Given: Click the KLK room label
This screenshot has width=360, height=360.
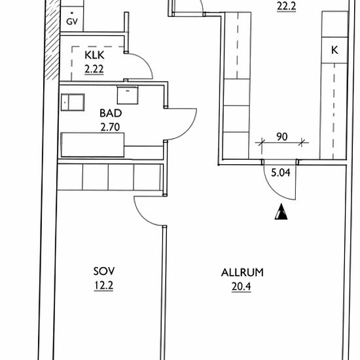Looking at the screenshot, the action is (94, 55).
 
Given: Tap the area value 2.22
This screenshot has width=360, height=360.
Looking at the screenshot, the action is (94, 69).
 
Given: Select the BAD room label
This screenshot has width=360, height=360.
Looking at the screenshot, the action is (111, 113).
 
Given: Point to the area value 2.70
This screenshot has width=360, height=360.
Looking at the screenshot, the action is (110, 127).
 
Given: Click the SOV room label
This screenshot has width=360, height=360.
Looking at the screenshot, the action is (104, 272).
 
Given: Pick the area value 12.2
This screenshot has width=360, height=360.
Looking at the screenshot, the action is (104, 285).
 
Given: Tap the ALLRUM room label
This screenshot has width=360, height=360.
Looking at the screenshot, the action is (242, 272).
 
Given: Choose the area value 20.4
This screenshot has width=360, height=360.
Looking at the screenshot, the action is (242, 287).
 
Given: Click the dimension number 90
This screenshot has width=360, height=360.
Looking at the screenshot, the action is (282, 137).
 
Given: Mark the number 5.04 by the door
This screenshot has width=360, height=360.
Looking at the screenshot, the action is (281, 173).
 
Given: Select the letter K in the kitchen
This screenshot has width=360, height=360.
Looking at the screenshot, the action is (334, 50).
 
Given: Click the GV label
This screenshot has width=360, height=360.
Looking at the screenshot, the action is (72, 22).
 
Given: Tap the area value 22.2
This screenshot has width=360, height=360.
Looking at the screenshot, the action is (286, 6).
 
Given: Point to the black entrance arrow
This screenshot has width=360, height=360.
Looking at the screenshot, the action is (281, 211).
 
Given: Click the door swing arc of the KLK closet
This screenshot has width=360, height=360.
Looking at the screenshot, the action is (146, 62).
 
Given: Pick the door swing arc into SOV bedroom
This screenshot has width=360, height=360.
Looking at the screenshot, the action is (142, 217).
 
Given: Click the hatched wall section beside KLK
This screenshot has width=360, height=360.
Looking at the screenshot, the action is (52, 40).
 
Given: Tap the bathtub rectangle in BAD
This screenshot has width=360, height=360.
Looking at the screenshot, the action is (92, 145).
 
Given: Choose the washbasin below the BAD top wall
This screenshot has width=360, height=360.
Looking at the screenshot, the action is (128, 95).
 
